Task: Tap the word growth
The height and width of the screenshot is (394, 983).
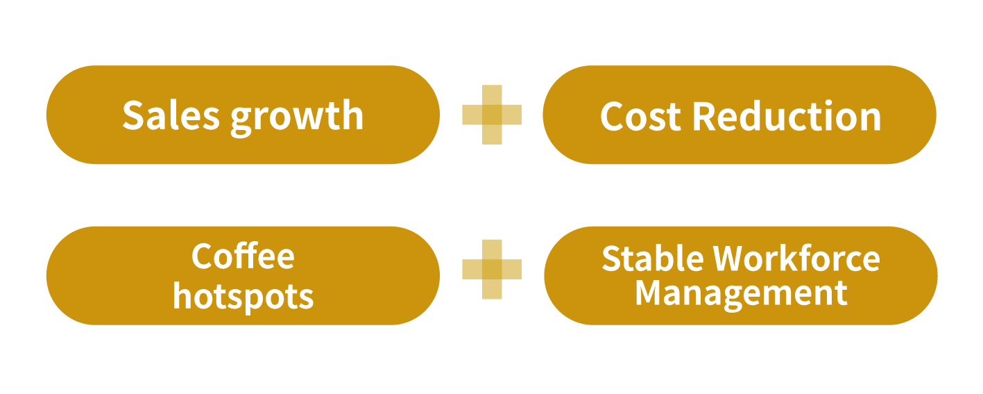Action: pos(297,117)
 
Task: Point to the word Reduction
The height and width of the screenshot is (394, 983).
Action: pos(787,116)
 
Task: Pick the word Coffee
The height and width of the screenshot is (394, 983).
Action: pos(243,256)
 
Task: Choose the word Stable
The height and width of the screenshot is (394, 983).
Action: pos(652,258)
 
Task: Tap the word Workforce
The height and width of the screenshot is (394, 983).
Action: pos(797,258)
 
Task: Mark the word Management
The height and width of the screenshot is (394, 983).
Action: pos(741,293)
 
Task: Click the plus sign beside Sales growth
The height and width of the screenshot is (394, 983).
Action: pos(492,115)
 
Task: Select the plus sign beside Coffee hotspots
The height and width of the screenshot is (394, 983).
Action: pos(492,269)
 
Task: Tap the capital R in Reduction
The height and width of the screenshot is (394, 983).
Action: pos(705,116)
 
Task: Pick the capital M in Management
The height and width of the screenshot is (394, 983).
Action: pos(651,293)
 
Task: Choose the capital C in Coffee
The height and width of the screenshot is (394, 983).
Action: pos(202,257)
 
